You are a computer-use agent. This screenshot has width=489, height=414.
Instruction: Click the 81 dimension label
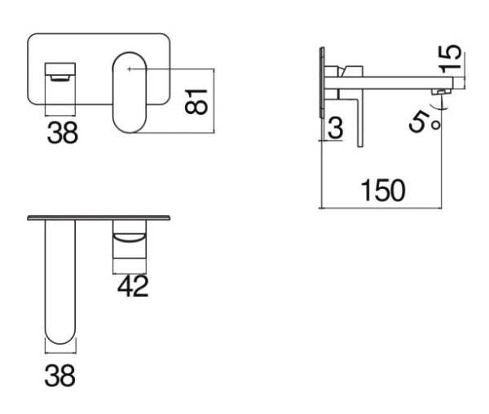coord(196,102)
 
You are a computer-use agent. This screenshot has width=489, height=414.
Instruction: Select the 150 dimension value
coord(383,190)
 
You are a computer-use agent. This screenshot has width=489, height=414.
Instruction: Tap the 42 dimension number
coord(133,286)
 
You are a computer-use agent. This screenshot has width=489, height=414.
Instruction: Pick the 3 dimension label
coord(336,127)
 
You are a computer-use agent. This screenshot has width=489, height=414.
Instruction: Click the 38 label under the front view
coord(63,133)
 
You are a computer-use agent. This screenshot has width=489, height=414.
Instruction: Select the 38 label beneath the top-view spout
coord(59,376)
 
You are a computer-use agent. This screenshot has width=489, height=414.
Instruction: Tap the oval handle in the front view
coord(129,92)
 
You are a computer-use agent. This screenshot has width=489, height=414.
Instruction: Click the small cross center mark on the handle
coord(130,69)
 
